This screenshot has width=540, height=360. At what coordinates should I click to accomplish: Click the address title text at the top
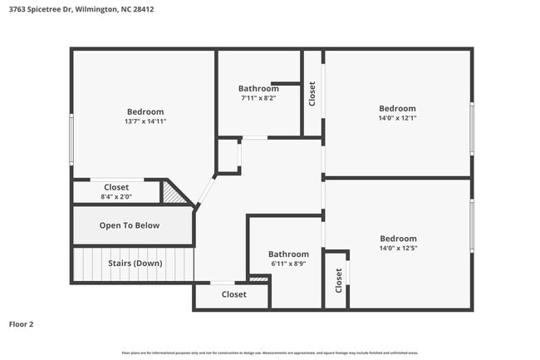[x=81, y=10]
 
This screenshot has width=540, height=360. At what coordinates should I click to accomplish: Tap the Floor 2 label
[x=22, y=324]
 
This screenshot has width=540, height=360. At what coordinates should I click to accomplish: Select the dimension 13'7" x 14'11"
[x=145, y=121]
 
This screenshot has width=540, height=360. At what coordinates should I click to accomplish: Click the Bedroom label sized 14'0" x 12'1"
[x=397, y=108]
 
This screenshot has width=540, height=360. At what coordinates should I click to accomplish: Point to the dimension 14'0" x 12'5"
[x=397, y=248]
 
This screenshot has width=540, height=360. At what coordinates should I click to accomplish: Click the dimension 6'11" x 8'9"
[x=288, y=264]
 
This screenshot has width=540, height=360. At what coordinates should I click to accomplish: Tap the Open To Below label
[x=130, y=225]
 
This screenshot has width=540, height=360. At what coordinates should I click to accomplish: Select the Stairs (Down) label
[x=135, y=264]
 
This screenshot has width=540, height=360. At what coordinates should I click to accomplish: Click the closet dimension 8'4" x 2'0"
[x=116, y=197]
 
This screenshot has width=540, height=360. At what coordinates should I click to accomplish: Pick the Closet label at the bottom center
[x=233, y=294]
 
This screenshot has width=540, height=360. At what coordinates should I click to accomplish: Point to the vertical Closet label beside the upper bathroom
[x=312, y=93]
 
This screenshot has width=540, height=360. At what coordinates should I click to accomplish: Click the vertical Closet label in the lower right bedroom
[x=339, y=280]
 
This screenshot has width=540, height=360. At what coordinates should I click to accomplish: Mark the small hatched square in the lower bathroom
[x=258, y=279]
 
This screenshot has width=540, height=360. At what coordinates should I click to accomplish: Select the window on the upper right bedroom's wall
[x=472, y=128]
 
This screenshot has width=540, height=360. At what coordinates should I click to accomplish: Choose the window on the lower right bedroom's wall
[x=472, y=225]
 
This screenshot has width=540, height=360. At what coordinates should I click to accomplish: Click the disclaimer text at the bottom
[x=269, y=353]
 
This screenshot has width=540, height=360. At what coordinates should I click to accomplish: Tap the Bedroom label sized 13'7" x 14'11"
[x=145, y=111]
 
